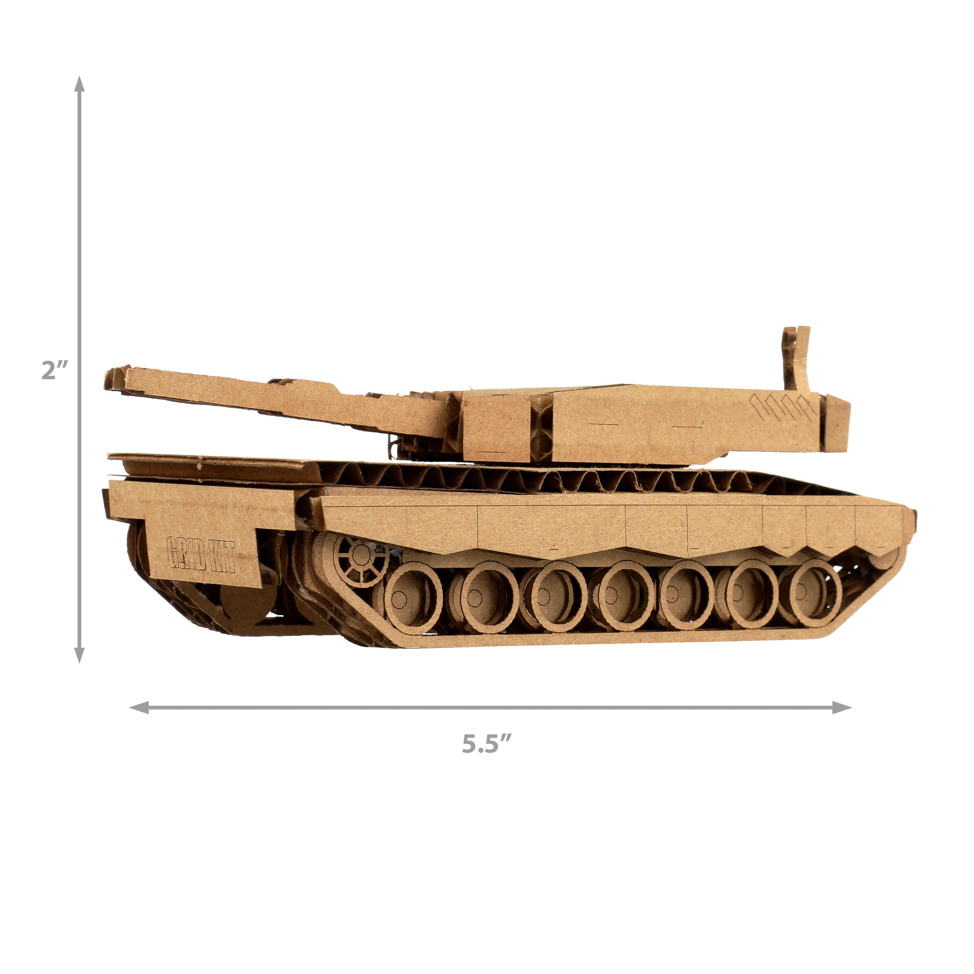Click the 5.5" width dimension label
(x=487, y=757)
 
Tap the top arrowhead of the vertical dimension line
(x=79, y=85)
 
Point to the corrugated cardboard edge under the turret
(x=504, y=477)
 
